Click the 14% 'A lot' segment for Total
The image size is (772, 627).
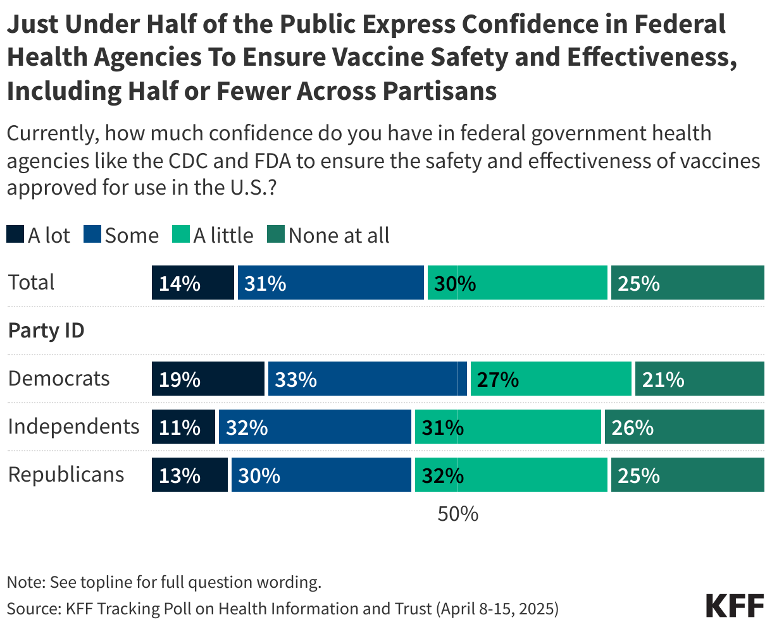[x=192, y=283]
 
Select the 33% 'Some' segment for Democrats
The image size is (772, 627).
[x=367, y=379]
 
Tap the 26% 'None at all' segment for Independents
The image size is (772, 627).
[x=684, y=427]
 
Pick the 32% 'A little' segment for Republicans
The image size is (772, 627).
[x=511, y=475]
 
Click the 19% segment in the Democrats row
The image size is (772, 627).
[x=208, y=379]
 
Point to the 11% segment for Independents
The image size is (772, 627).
[x=183, y=427]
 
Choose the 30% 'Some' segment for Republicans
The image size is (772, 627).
[x=321, y=475]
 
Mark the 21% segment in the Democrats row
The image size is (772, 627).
[x=699, y=379]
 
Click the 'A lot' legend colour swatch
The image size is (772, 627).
[x=15, y=235]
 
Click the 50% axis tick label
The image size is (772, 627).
[x=458, y=514]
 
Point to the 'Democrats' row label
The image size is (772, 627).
[x=59, y=379]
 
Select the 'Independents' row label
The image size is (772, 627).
[x=73, y=427]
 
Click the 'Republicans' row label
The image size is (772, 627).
[x=66, y=475]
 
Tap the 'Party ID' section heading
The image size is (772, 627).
[x=46, y=330]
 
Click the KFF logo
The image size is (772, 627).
[x=735, y=606]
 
